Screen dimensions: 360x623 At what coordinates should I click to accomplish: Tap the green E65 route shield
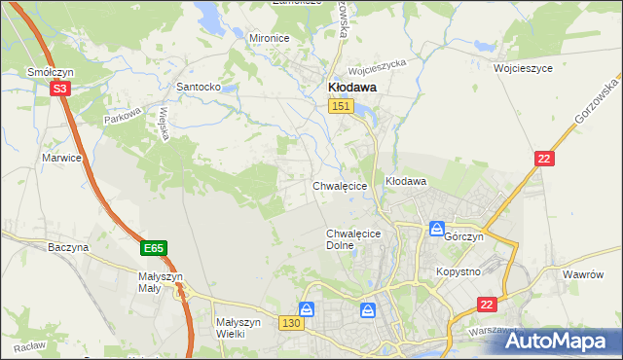[x=153, y=249]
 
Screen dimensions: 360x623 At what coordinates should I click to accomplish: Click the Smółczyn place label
[x=46, y=72]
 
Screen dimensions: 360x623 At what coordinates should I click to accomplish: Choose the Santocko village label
[x=199, y=87]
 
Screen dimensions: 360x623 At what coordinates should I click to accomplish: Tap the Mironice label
[x=270, y=38]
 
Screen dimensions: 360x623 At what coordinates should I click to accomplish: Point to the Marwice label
[x=61, y=157]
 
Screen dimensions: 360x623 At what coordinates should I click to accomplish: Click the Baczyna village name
[x=68, y=248]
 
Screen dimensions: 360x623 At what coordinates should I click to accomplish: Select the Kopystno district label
[x=458, y=271]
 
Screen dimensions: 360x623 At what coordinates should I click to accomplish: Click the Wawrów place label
[x=585, y=275]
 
